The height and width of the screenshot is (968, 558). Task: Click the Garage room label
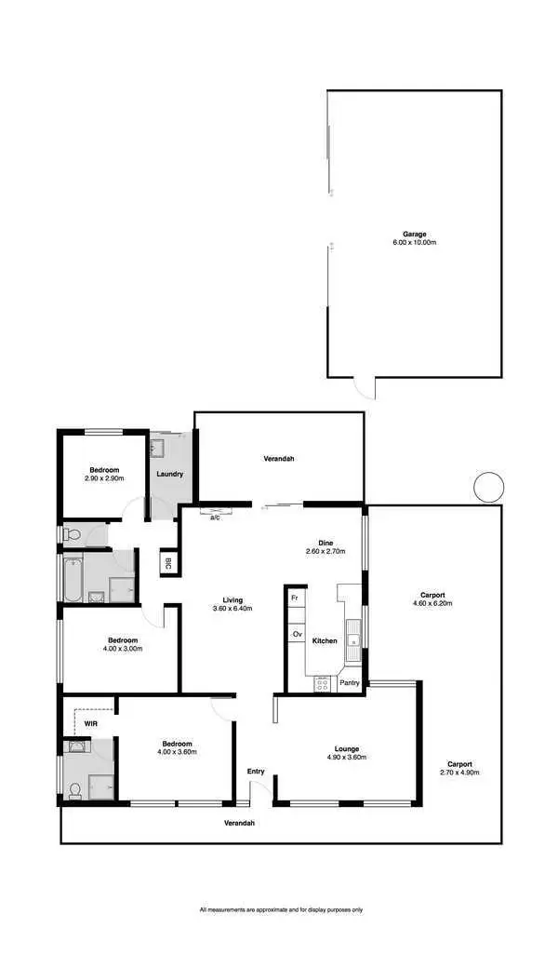414,234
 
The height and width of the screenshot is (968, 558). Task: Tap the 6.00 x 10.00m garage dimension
414,242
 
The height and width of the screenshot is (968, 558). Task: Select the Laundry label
170,474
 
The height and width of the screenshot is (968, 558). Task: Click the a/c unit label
215,518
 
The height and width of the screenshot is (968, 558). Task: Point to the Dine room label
325,543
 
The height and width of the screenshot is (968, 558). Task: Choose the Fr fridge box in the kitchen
295,597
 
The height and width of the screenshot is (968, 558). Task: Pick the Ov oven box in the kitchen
297,634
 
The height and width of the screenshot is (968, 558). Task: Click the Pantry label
350,682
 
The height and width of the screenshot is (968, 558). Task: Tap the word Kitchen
325,640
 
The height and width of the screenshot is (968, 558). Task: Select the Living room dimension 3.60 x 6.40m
232,609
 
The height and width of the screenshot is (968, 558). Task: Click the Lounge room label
347,748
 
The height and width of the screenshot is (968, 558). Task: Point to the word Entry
256,771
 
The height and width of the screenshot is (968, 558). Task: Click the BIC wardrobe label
168,563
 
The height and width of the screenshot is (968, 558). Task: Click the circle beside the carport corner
488,487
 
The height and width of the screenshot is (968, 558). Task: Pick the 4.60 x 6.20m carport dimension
432,603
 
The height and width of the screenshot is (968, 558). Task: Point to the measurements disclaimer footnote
281,909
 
